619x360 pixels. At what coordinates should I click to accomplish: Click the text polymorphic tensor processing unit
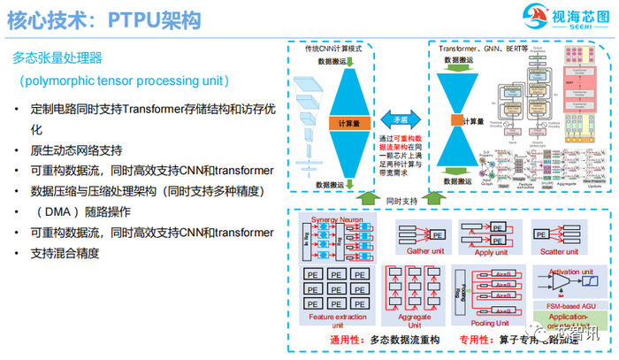click(125, 80)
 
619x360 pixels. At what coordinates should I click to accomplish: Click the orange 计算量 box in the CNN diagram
click(347, 126)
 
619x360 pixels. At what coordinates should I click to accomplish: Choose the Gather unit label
click(426, 250)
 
